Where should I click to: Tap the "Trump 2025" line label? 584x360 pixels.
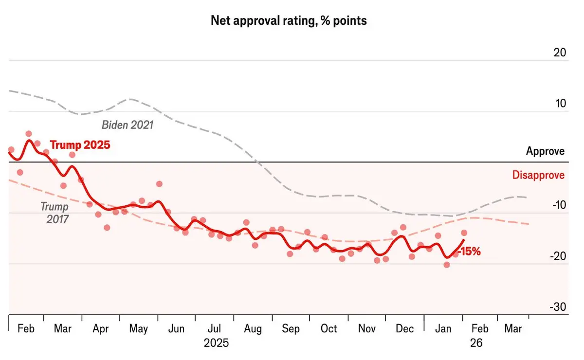pyautogui.click(x=80, y=145)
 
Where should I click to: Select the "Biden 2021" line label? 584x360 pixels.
pyautogui.click(x=128, y=125)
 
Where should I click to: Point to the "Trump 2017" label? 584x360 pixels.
pyautogui.click(x=55, y=213)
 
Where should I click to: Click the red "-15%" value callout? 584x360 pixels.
pyautogui.click(x=469, y=252)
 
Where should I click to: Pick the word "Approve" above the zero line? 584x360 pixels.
pyautogui.click(x=545, y=151)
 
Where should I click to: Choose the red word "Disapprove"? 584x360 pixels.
pyautogui.click(x=538, y=175)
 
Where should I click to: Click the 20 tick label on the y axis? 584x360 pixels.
pyautogui.click(x=560, y=53)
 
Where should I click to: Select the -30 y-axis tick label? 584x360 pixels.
pyautogui.click(x=558, y=307)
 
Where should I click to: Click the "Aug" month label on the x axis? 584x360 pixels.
pyautogui.click(x=253, y=329)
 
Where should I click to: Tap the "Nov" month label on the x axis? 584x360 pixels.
pyautogui.click(x=367, y=329)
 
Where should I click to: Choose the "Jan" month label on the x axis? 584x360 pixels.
pyautogui.click(x=443, y=329)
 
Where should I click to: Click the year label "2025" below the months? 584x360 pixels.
pyautogui.click(x=216, y=343)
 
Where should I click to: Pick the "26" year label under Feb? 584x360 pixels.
pyautogui.click(x=476, y=343)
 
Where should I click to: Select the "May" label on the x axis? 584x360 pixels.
pyautogui.click(x=139, y=329)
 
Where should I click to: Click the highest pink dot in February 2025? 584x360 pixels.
pyautogui.click(x=29, y=134)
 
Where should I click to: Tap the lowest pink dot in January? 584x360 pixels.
pyautogui.click(x=447, y=265)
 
